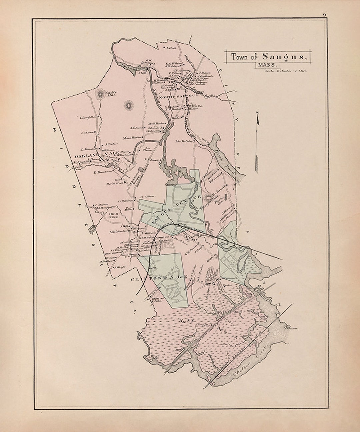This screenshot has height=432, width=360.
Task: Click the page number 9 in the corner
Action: [324, 15]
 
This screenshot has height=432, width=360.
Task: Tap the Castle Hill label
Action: [110, 94]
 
